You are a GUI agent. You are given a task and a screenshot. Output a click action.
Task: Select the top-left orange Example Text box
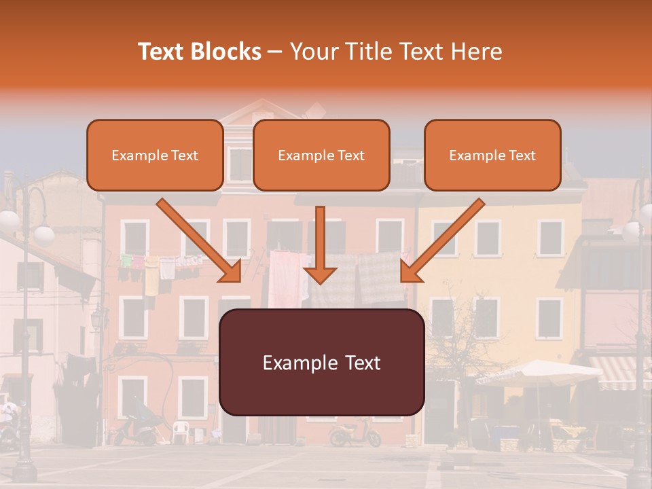(x=155, y=156)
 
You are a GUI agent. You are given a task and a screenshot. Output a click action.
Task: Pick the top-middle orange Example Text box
(x=321, y=156)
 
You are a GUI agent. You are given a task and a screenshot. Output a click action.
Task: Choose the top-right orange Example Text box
(x=492, y=156)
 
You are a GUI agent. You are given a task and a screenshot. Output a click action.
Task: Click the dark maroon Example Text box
(x=322, y=363)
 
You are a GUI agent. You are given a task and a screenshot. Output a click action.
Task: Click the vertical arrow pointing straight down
(x=320, y=244)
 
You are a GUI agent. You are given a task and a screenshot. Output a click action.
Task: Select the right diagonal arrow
(x=442, y=240)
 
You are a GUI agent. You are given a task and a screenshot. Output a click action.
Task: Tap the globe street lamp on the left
(x=43, y=234)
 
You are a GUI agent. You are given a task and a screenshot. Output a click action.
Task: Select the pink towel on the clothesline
(x=283, y=278)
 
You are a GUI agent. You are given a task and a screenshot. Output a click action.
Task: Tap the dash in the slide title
(x=275, y=52)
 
